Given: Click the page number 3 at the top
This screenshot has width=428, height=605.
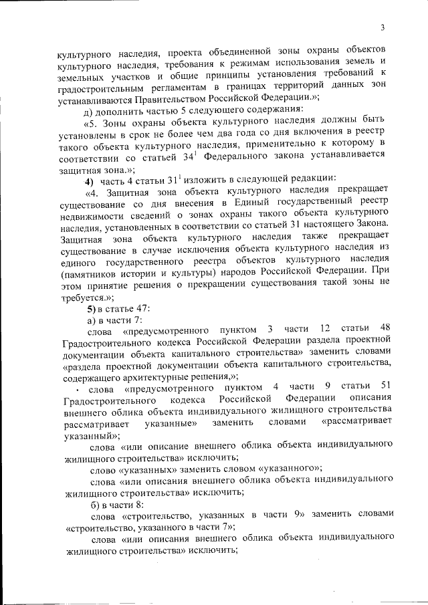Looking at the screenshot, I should (381, 28).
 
